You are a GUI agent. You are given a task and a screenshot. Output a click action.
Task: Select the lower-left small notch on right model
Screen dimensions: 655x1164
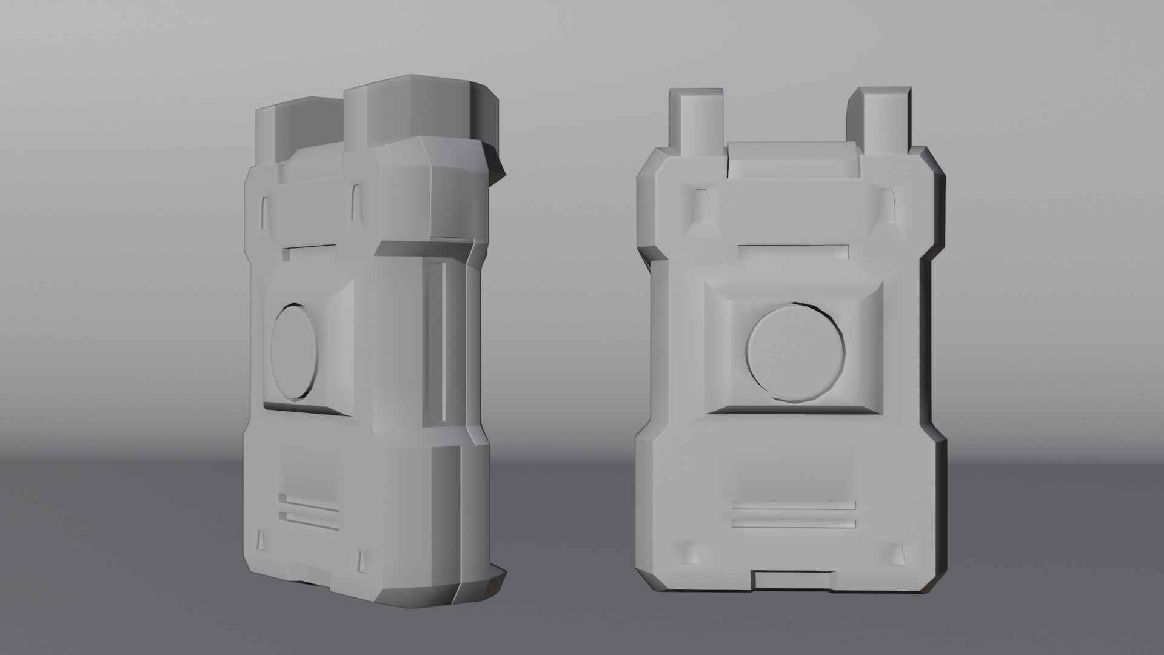click(x=692, y=552)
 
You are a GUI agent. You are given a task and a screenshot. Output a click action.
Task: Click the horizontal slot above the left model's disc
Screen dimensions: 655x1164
click(x=309, y=250)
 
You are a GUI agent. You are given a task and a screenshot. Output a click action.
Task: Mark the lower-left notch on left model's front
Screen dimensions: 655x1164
click(x=261, y=540)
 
